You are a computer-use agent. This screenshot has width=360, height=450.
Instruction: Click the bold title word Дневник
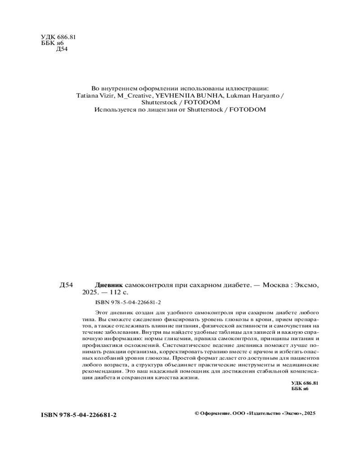pyautogui.click(x=108, y=285)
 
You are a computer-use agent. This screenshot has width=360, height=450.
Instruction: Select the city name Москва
pyautogui.click(x=274, y=285)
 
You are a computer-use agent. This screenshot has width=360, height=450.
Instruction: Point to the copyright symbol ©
pyautogui.click(x=196, y=413)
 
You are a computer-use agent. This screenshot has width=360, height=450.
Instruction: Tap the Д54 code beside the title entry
pyautogui.click(x=66, y=285)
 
